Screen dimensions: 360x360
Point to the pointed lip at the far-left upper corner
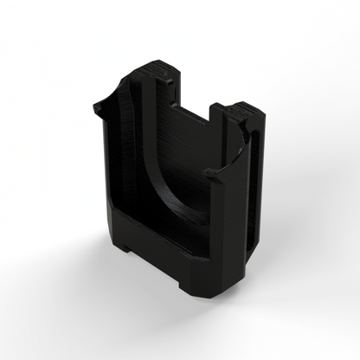click(97, 106)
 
